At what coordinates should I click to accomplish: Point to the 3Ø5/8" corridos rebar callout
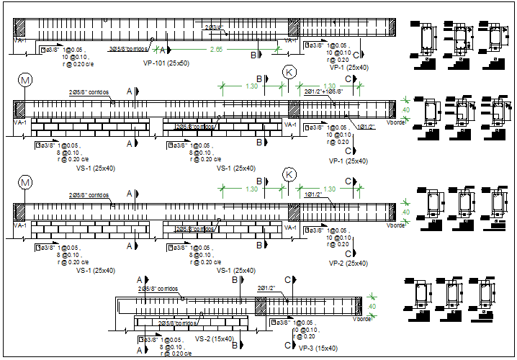[x=130, y=49]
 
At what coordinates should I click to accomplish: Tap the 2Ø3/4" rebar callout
[x=215, y=27]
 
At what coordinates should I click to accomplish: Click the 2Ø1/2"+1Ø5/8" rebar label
[x=323, y=92]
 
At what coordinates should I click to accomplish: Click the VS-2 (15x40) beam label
[x=215, y=338]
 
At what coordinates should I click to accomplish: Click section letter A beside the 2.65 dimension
[x=163, y=50]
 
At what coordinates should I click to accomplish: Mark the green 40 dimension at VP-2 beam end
[x=405, y=212]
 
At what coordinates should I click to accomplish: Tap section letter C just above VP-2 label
[x=348, y=253]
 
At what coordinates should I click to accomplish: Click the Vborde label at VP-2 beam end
[x=395, y=225]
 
